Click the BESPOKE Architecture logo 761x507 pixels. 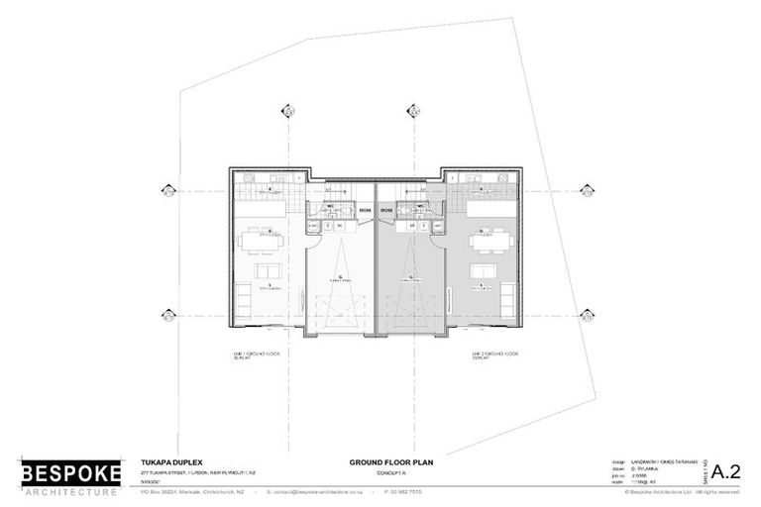click(70, 476)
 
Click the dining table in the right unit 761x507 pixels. click(491, 239)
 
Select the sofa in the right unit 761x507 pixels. click(484, 271)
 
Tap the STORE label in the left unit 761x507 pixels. click(364, 211)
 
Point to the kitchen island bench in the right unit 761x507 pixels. click(489, 210)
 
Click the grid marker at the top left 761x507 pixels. click(285, 110)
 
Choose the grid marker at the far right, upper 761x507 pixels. click(587, 191)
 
